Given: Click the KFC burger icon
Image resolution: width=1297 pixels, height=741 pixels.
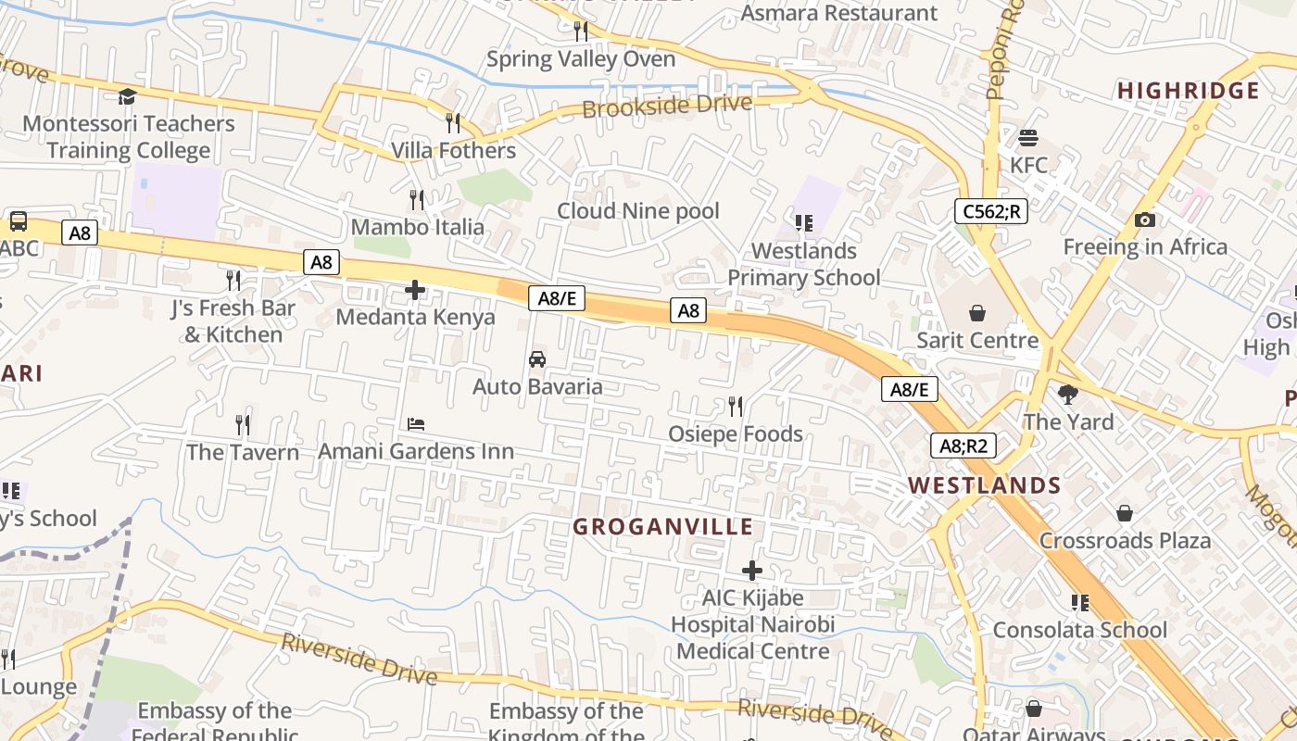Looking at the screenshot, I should [x=1027, y=138].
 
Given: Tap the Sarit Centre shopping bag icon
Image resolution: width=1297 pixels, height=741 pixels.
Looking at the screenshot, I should [x=976, y=313].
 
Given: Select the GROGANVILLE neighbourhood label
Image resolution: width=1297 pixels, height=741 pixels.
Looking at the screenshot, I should [x=662, y=527].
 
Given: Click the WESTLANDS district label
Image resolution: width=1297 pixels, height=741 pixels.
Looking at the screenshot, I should [x=984, y=485].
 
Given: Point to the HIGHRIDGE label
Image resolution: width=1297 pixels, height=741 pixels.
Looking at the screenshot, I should [x=1188, y=91].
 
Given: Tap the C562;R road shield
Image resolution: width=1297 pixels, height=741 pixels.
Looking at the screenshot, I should [x=990, y=211].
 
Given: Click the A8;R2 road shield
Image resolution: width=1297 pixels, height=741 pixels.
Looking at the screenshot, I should [x=963, y=446].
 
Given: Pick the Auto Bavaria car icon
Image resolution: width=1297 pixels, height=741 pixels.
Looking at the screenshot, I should [x=536, y=359].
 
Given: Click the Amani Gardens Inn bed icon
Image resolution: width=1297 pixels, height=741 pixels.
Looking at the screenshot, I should [x=416, y=424].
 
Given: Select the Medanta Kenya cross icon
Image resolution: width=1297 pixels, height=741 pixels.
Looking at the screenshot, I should [x=415, y=291].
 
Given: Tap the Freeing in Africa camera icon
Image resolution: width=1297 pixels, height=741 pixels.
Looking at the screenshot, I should [x=1145, y=220].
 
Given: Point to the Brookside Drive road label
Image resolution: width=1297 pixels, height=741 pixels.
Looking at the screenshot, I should [x=666, y=106].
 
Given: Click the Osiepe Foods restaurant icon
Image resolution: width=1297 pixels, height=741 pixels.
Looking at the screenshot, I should [x=736, y=406].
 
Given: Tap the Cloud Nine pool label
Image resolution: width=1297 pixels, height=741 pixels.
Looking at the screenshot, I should [x=637, y=211].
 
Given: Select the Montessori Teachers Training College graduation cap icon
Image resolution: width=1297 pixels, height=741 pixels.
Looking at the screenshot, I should [x=127, y=96].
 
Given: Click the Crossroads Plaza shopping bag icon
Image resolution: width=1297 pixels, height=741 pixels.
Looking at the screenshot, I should [x=1125, y=513].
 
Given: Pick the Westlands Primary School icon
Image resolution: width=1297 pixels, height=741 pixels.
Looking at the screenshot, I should [x=803, y=223].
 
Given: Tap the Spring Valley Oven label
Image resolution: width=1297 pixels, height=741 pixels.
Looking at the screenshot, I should [x=581, y=59].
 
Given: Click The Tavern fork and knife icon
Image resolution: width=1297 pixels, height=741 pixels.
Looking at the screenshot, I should [x=243, y=424].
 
